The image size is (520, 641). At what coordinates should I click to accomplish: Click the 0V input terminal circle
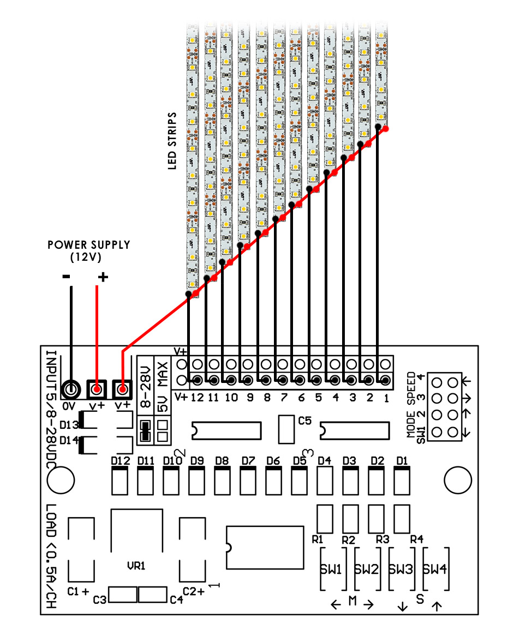click(71, 389)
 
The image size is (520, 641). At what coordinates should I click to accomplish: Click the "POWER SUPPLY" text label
click(89, 245)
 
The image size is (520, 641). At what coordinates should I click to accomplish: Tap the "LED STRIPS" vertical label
click(172, 141)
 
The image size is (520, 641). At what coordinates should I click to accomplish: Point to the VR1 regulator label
click(136, 566)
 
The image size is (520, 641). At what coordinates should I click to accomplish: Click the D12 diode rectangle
click(120, 481)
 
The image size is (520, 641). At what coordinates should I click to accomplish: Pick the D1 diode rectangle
click(402, 481)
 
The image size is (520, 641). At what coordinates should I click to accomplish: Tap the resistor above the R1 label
click(325, 518)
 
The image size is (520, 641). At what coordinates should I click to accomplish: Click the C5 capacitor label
click(305, 421)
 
